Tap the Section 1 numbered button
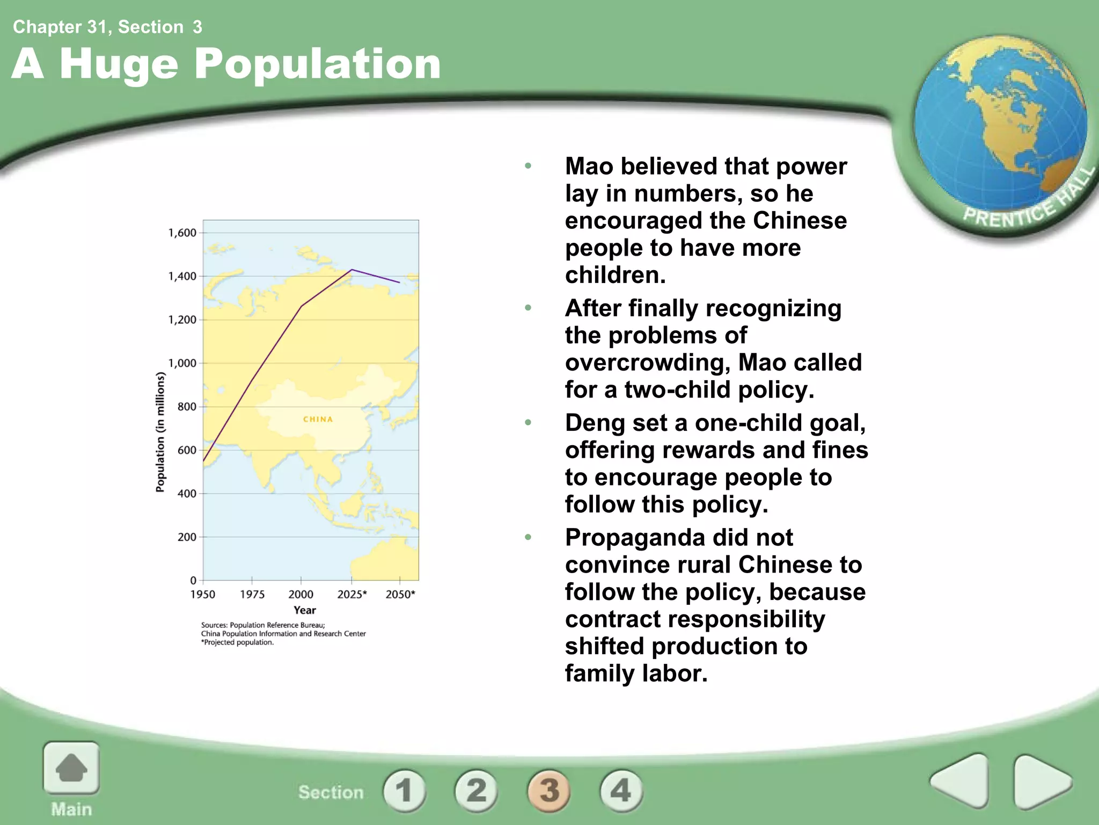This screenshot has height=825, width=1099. coord(404,790)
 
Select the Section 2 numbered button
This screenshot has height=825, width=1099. coord(476,790)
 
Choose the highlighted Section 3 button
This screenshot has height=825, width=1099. coord(549,790)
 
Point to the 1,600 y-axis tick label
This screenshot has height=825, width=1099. coord(182,233)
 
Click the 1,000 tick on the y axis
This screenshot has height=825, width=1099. coord(182,363)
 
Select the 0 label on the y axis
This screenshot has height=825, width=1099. coord(193,580)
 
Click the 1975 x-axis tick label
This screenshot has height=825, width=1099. coord(252,595)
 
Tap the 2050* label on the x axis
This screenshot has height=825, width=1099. coord(400,595)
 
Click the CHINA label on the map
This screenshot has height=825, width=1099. coord(318,419)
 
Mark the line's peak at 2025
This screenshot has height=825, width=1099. coord(351,270)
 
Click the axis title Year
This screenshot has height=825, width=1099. coord(304,610)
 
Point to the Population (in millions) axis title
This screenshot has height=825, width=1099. coord(160,432)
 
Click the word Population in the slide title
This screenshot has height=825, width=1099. coord(317,64)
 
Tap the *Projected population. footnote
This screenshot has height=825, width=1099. coord(237,642)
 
